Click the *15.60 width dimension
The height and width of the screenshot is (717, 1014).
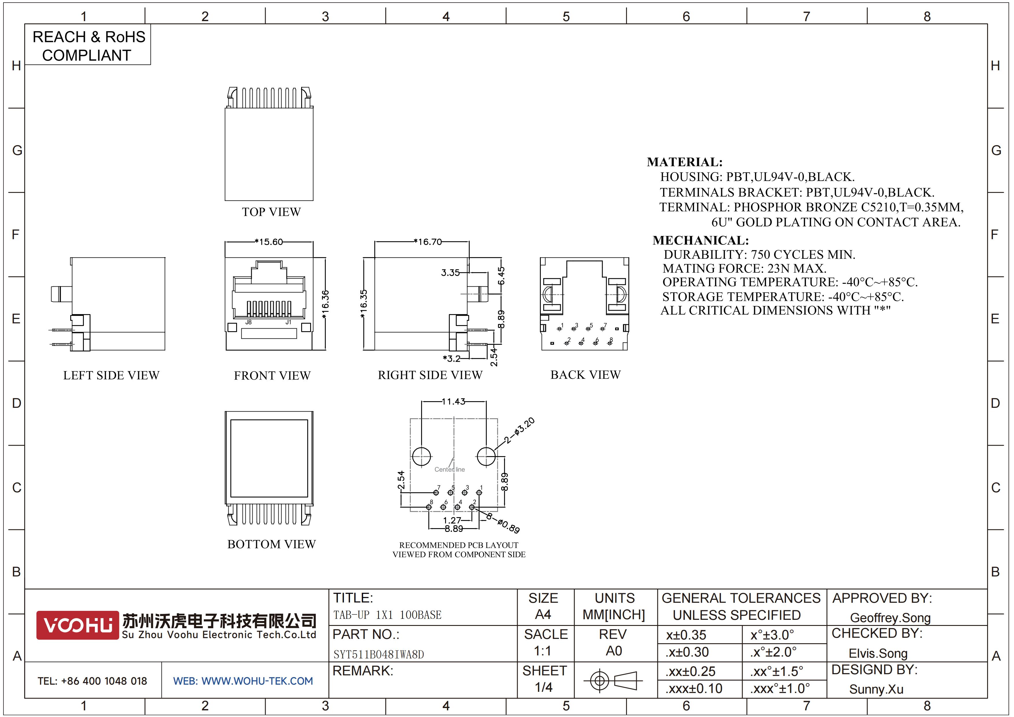click(x=269, y=242)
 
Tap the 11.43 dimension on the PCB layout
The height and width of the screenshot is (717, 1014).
click(x=454, y=401)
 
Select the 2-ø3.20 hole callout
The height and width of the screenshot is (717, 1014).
click(x=519, y=430)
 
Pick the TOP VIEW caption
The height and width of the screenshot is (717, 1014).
click(x=271, y=212)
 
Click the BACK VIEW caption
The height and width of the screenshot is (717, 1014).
click(x=586, y=375)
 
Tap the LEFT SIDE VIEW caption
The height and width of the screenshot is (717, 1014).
click(x=111, y=375)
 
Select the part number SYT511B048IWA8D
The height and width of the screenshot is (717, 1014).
click(x=378, y=654)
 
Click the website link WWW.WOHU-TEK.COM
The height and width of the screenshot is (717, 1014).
click(x=257, y=681)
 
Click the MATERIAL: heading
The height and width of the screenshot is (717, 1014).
click(x=684, y=162)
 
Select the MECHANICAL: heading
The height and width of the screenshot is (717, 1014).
click(x=701, y=240)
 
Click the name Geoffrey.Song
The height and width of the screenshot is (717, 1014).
click(x=890, y=618)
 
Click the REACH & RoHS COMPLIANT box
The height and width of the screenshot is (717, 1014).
click(x=88, y=45)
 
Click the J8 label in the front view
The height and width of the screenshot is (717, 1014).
click(x=249, y=322)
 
